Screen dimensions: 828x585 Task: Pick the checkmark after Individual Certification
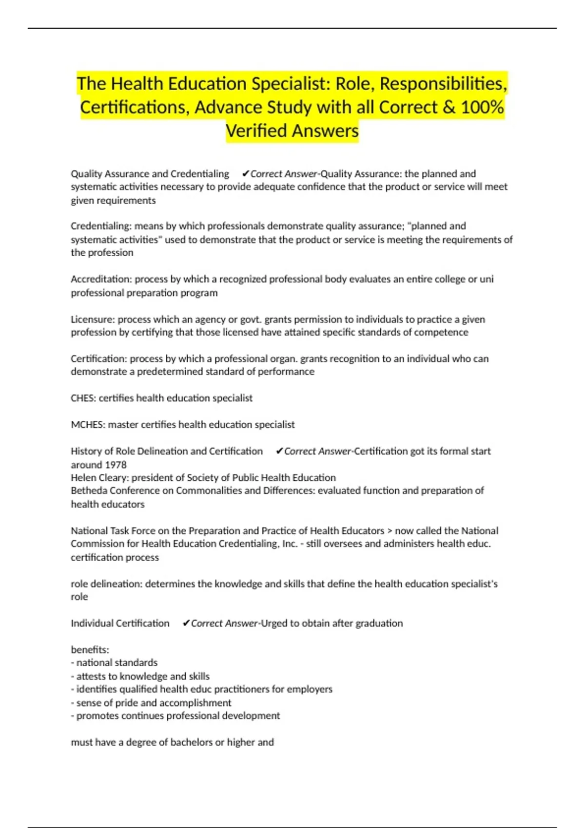point(186,623)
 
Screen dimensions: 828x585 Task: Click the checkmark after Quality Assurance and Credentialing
point(245,174)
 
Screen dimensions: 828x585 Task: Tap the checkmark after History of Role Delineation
point(279,452)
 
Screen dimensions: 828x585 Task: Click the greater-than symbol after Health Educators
point(390,531)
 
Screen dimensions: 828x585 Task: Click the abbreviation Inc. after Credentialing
point(290,544)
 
